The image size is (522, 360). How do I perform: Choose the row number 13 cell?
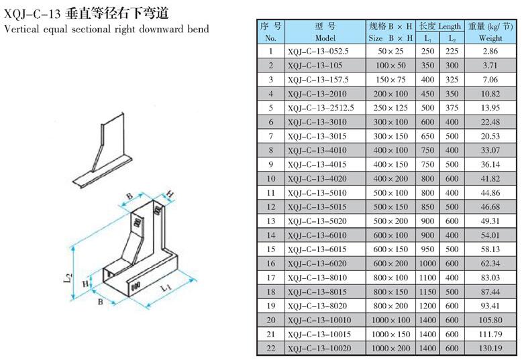pyautogui.click(x=271, y=221)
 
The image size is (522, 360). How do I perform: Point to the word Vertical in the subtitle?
pyautogui.click(x=19, y=29)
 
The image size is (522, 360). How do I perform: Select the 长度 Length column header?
pyautogui.click(x=440, y=26)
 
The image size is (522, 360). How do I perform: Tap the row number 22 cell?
pyautogui.click(x=271, y=348)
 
